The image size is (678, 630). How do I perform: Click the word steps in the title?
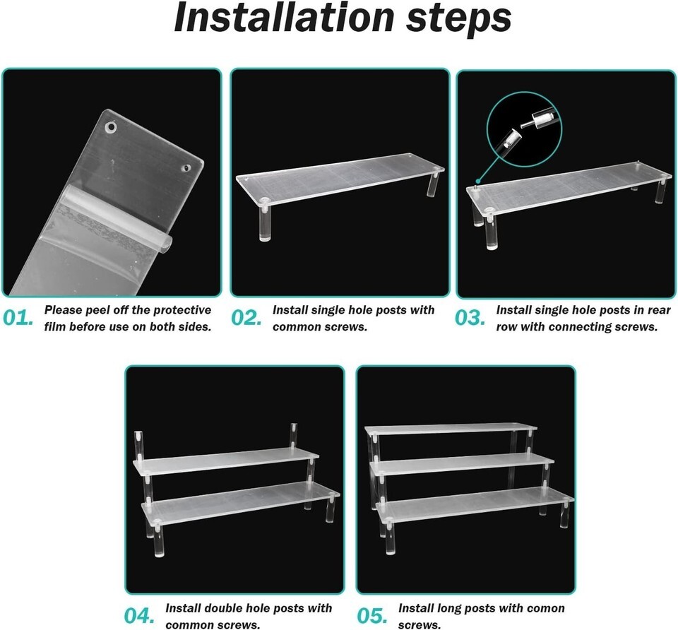[459, 20]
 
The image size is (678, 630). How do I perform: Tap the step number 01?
[18, 319]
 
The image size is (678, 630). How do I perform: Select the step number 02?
[246, 319]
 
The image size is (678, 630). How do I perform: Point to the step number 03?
[470, 319]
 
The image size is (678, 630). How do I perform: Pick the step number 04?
[139, 616]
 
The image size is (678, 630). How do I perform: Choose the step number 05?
[372, 616]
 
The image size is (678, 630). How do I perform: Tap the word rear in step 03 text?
[660, 311]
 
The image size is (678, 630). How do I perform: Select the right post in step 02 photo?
[433, 182]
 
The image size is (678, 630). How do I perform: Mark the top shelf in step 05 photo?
[451, 429]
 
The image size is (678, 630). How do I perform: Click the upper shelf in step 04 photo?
[226, 461]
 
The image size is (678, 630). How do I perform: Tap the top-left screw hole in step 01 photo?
[112, 127]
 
